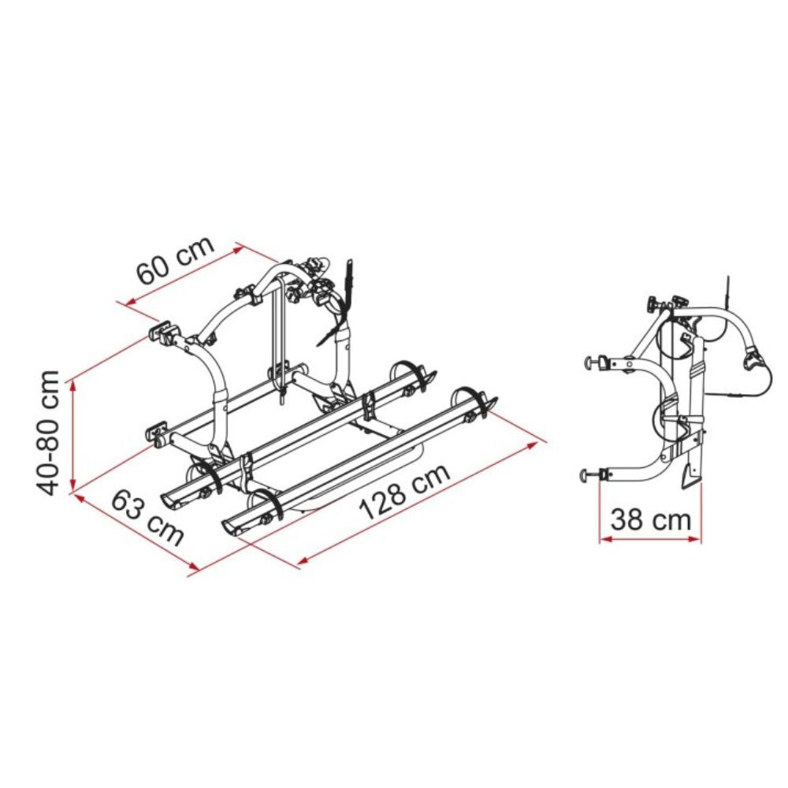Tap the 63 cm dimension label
click(x=147, y=519)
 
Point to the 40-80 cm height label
click(x=48, y=433)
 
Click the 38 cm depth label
click(x=651, y=519)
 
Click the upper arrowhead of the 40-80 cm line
click(x=73, y=385)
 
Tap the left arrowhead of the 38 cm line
click(x=605, y=539)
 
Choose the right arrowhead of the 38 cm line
click(x=694, y=539)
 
